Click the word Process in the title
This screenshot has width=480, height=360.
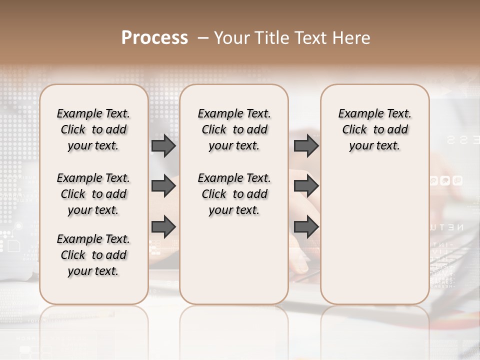point(154,38)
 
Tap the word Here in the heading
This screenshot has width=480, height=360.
point(351,38)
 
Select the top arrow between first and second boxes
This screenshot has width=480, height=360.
point(163,145)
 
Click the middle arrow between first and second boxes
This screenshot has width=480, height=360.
point(163,186)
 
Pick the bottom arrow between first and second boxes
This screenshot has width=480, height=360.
point(163,226)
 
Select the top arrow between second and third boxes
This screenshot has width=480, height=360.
point(306,145)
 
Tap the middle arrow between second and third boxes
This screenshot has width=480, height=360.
point(306,186)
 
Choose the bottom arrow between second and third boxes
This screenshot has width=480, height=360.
point(306,226)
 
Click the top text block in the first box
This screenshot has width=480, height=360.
point(93,129)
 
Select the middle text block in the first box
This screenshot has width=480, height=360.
point(93,194)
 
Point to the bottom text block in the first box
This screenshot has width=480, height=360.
point(93,255)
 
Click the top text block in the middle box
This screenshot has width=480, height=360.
point(234,129)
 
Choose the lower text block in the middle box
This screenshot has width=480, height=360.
point(234,194)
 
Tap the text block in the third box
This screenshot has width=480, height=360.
point(375,129)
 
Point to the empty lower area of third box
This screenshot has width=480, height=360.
point(375,235)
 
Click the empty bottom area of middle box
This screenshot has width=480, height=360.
point(234,265)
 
